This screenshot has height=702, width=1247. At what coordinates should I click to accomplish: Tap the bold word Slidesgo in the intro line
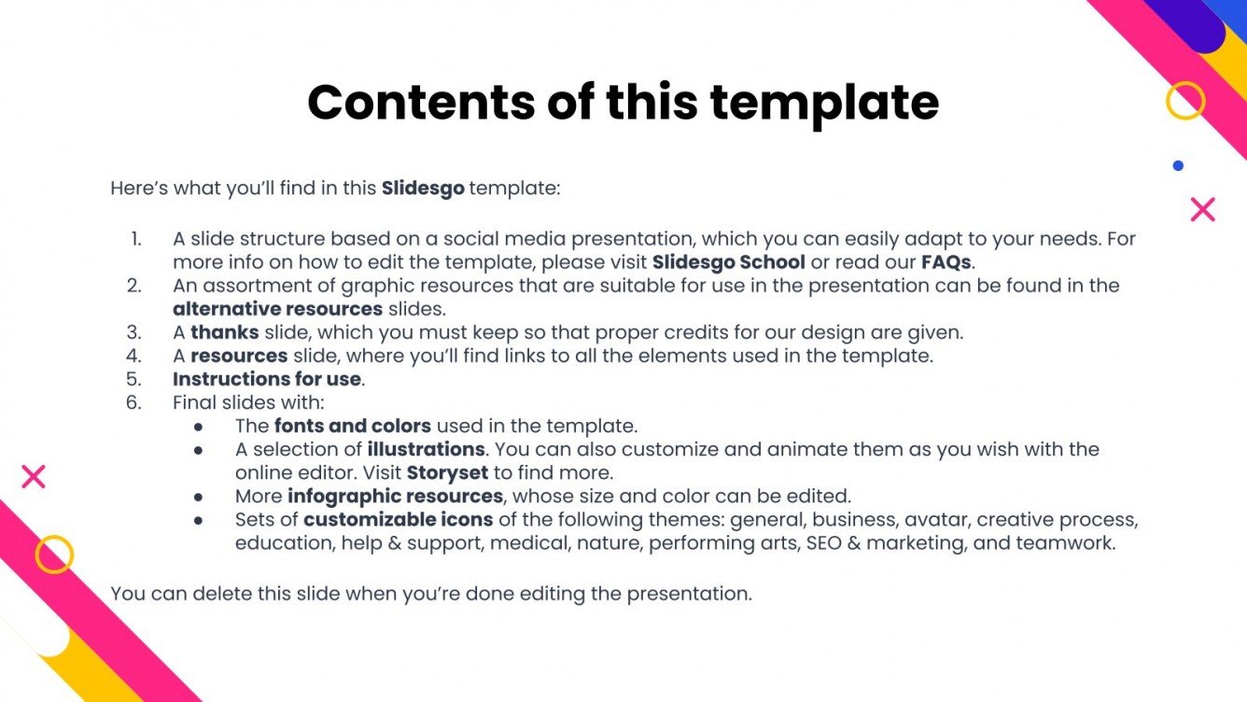423,189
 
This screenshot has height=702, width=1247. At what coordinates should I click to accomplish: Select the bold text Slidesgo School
728,262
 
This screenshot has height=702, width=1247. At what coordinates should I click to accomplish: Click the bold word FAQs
946,262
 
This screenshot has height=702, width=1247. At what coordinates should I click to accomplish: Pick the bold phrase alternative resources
277,309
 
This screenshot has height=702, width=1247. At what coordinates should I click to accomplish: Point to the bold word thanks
224,332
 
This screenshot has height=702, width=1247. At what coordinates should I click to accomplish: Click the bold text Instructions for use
267,379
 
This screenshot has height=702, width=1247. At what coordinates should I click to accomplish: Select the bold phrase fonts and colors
352,426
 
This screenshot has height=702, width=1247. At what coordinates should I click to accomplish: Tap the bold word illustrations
426,449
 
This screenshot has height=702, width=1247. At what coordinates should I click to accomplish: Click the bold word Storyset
447,472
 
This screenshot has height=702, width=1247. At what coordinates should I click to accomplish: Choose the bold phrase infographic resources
395,496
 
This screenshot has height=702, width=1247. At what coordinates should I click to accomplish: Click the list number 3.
133,332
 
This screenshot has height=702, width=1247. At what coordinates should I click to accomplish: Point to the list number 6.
133,402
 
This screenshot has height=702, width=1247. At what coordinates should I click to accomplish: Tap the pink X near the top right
1203,210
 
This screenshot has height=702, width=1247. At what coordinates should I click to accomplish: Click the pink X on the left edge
34,477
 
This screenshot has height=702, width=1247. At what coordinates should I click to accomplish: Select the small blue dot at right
1178,166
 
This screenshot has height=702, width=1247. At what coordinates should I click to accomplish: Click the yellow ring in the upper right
1185,101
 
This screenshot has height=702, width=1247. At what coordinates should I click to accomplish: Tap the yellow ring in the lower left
54,555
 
